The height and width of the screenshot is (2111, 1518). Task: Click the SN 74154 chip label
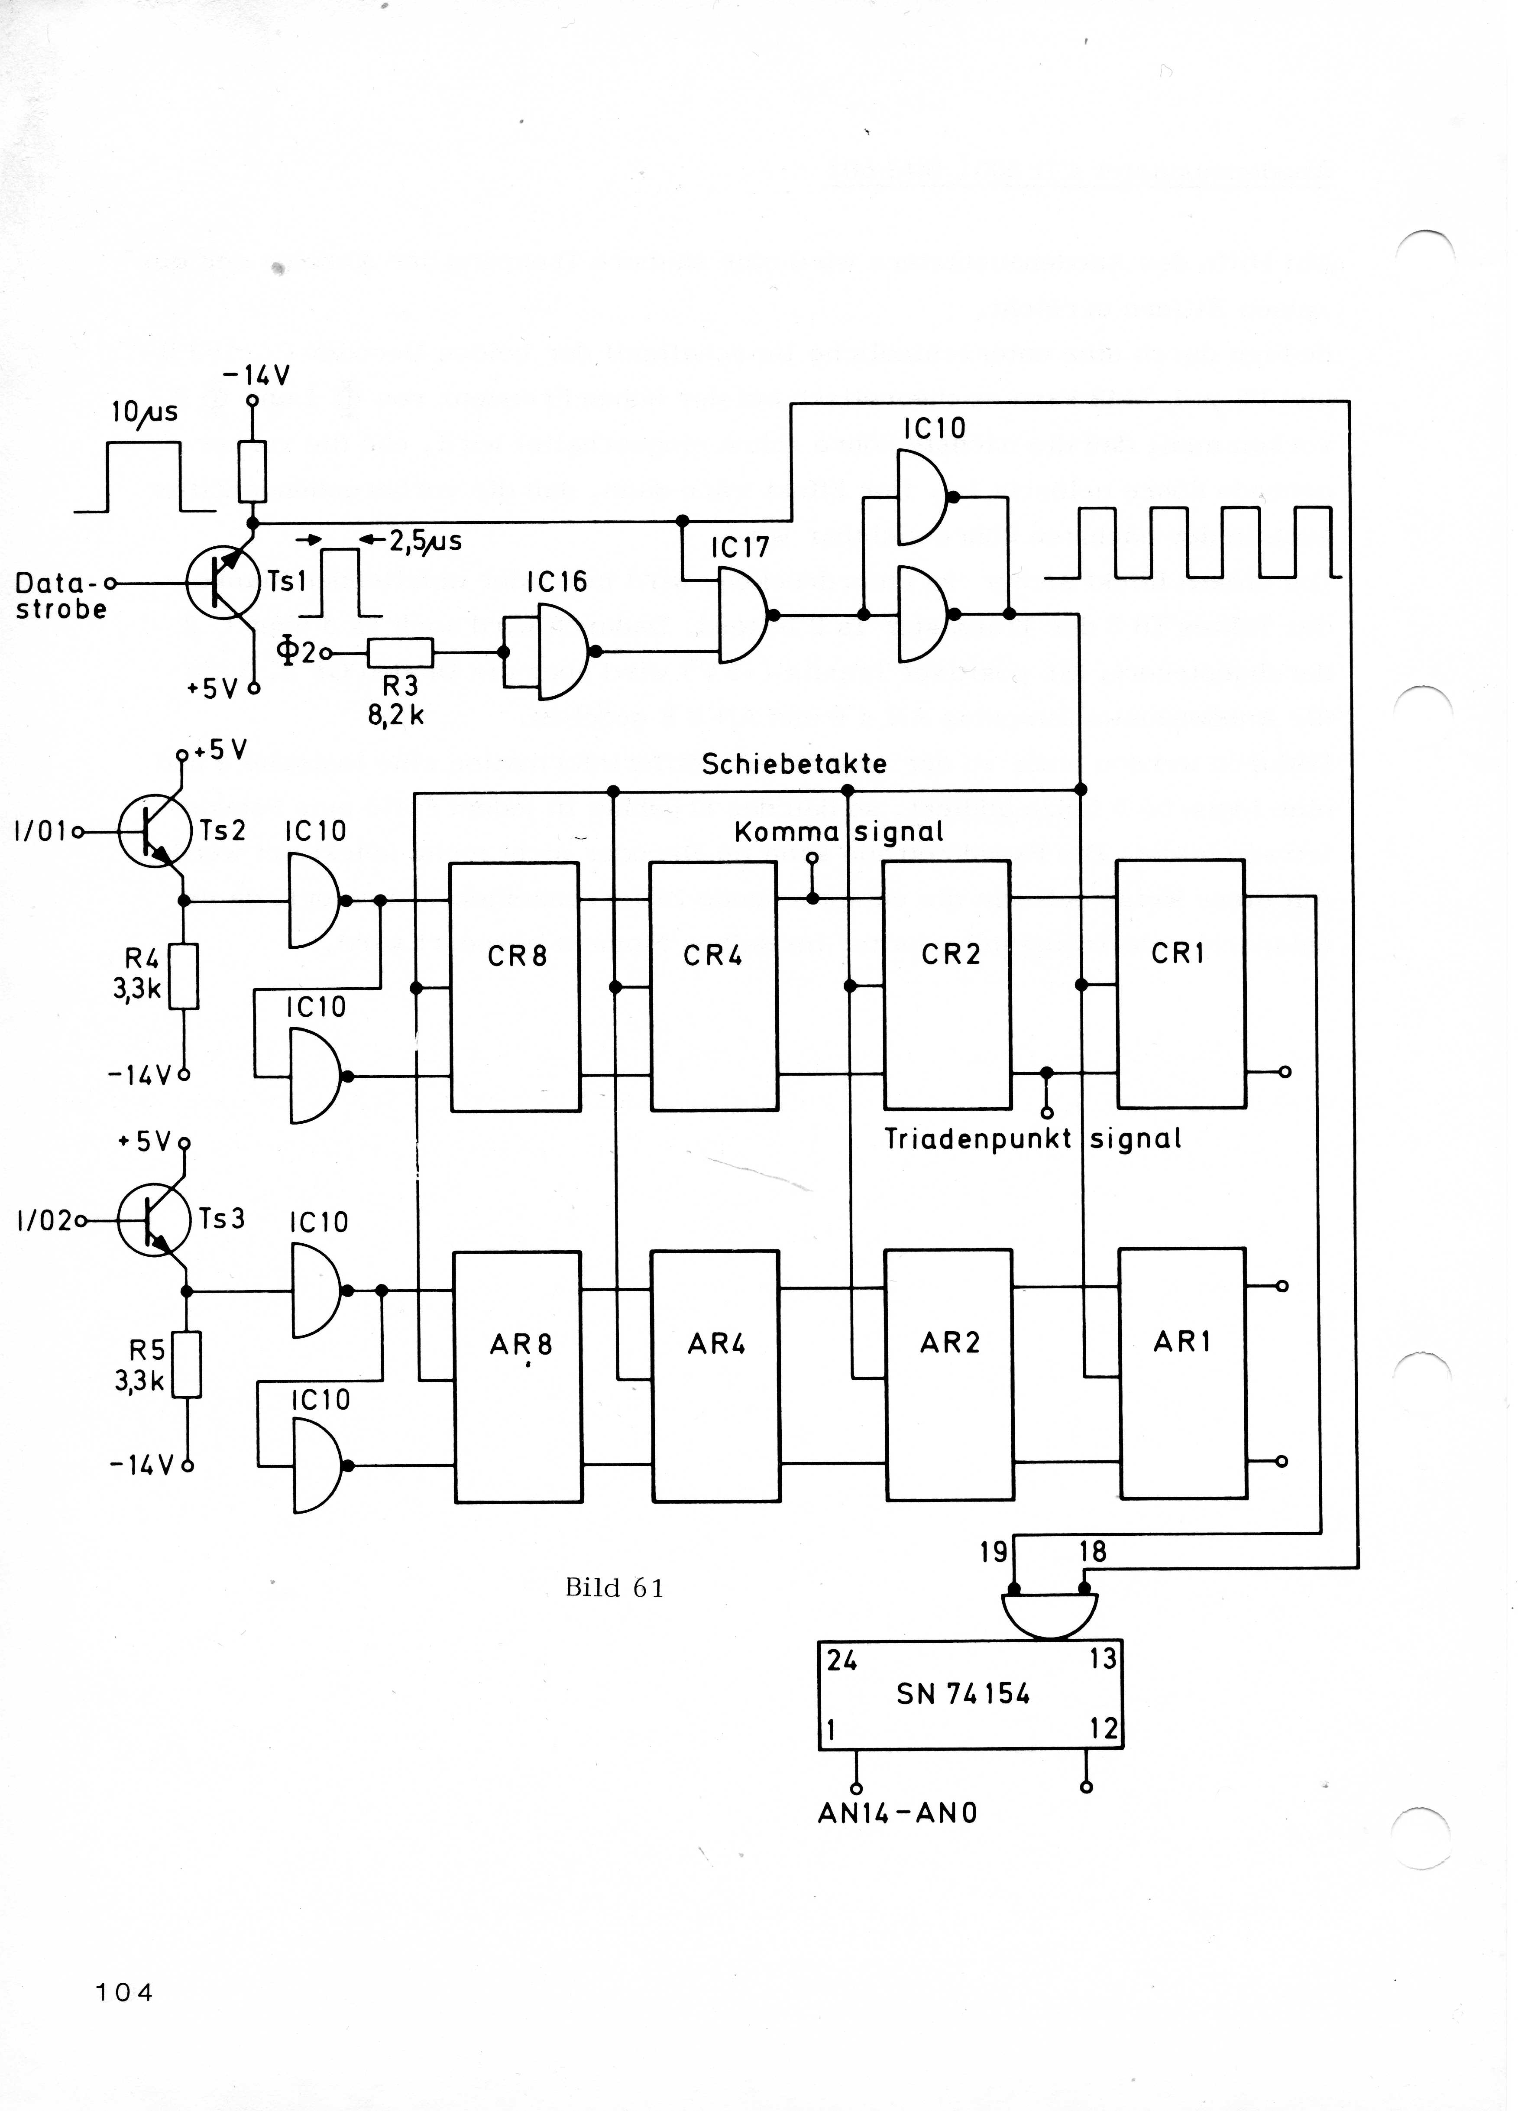963,1694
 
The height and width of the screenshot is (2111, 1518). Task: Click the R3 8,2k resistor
400,652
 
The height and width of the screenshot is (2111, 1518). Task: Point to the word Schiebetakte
794,764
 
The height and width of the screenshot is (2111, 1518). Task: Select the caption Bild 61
614,1588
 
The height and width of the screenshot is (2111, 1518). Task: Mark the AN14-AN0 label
897,1813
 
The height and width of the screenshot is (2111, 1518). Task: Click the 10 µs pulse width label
144,412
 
